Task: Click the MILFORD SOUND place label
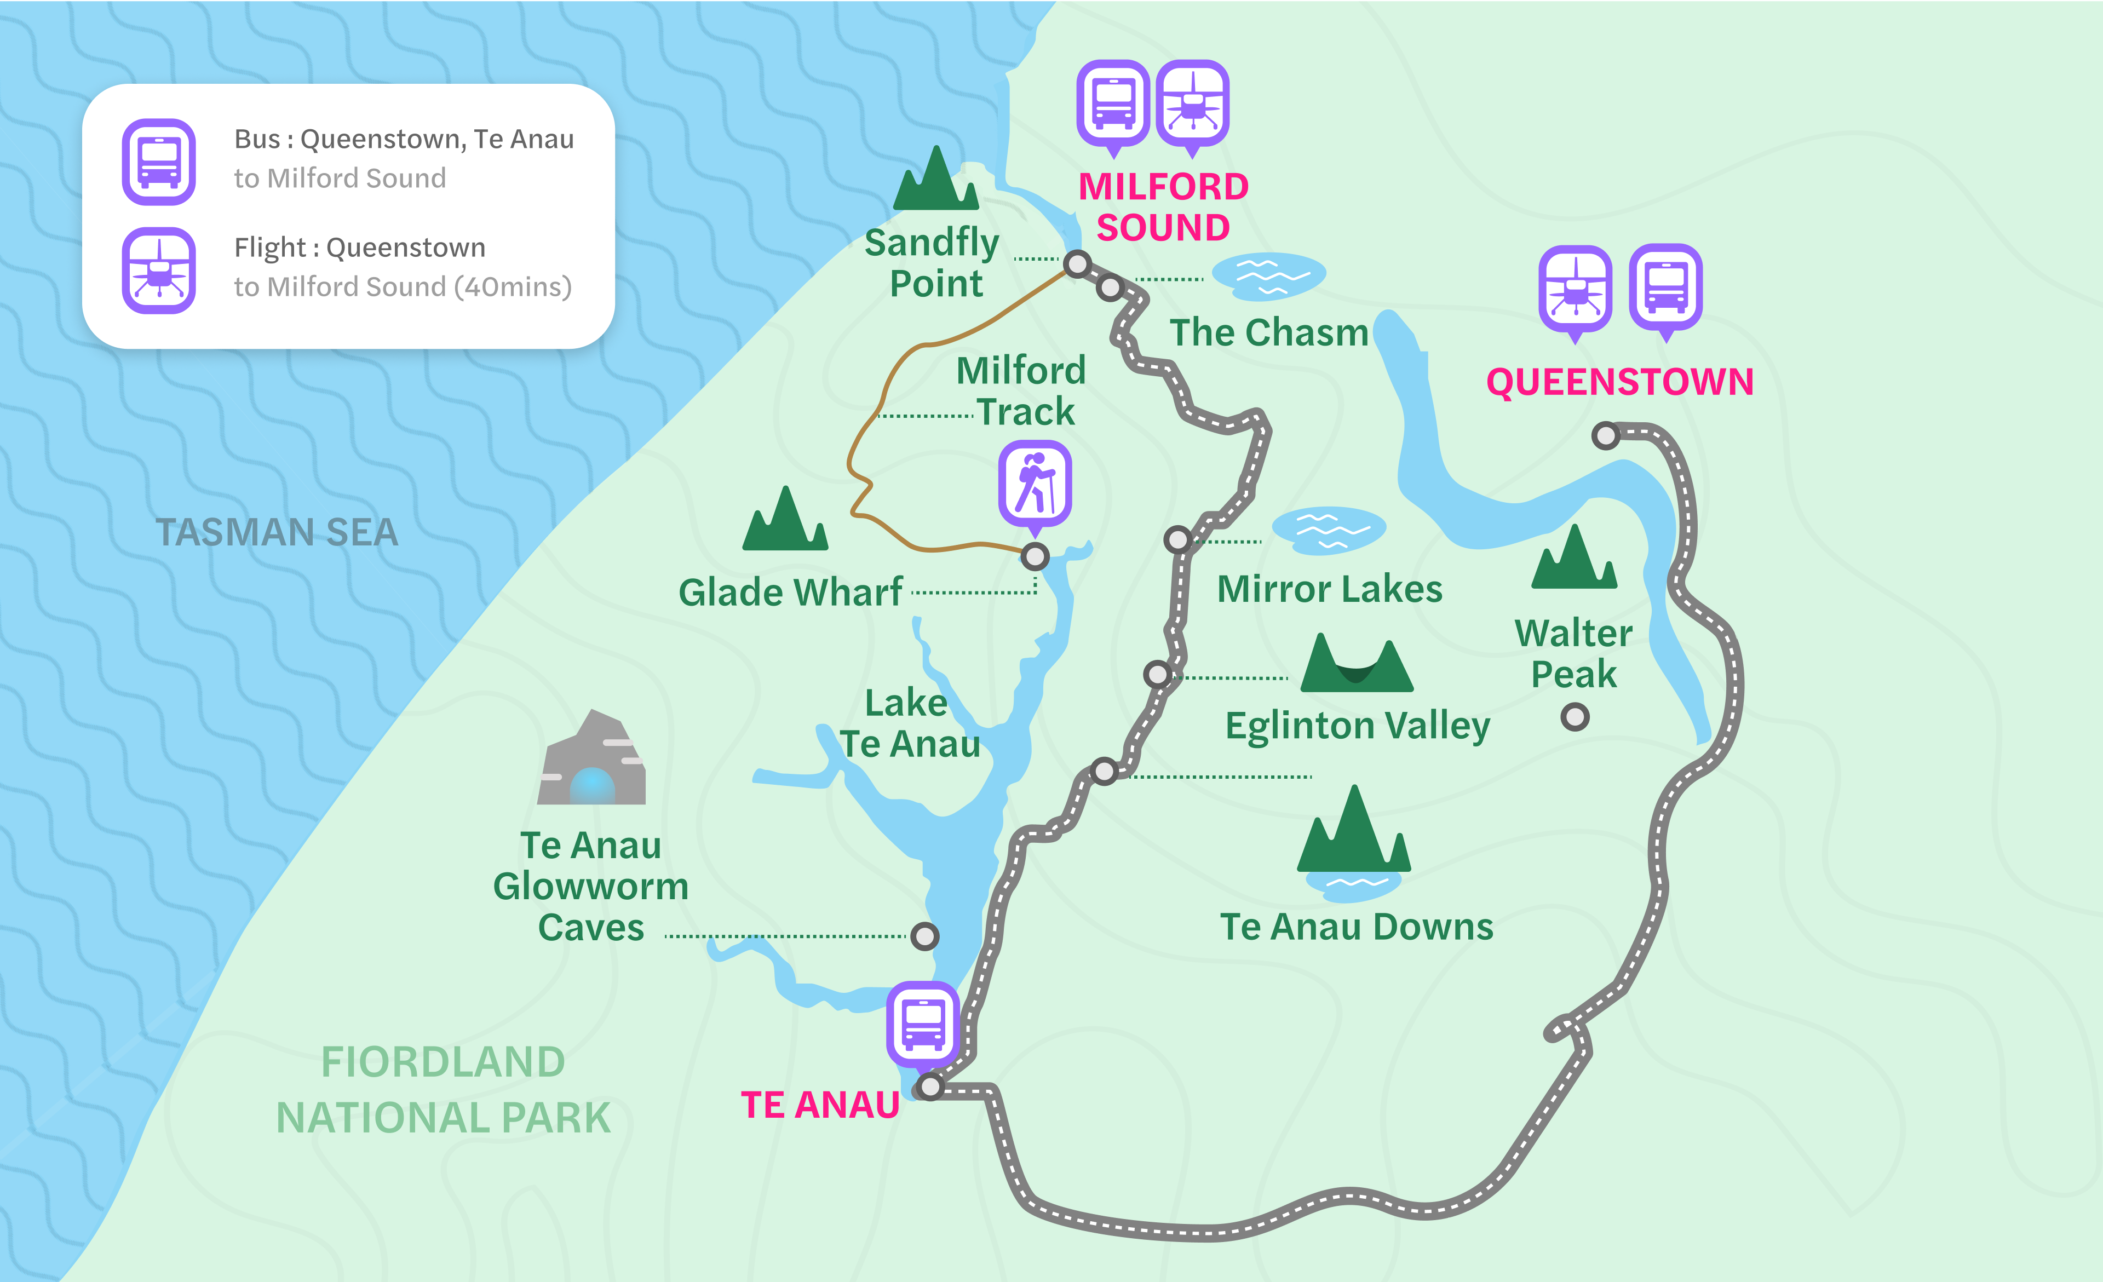click(1163, 206)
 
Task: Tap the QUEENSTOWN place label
click(1619, 382)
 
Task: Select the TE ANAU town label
click(819, 1105)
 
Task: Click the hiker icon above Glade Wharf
click(1035, 482)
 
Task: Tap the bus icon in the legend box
click(159, 162)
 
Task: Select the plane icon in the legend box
click(159, 270)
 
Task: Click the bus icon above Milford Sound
click(1113, 102)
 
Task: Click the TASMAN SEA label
click(277, 533)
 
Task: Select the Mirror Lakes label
click(1329, 589)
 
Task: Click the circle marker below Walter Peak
click(1575, 716)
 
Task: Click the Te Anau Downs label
click(1356, 927)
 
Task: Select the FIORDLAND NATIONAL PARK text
click(443, 1090)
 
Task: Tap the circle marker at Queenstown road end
click(1605, 435)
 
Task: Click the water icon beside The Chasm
click(1268, 275)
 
